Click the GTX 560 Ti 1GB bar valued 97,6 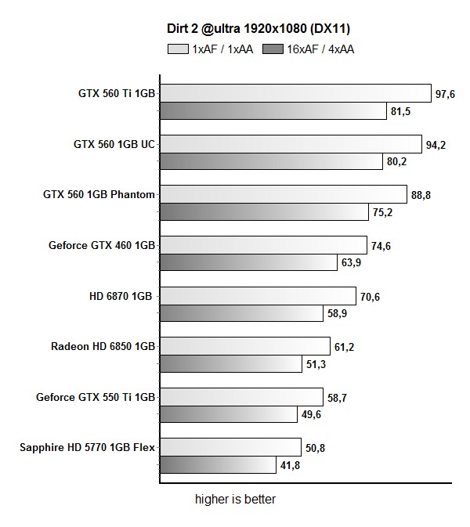pyautogui.click(x=295, y=93)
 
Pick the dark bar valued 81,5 pyautogui.click(x=273, y=110)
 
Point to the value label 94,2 pyautogui.click(x=436, y=144)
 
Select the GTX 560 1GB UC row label pyautogui.click(x=114, y=144)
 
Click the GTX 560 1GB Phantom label pyautogui.click(x=99, y=194)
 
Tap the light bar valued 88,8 pyautogui.click(x=284, y=194)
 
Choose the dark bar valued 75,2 pyautogui.click(x=264, y=211)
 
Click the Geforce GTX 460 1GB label pyautogui.click(x=102, y=245)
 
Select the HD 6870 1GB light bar pyautogui.click(x=258, y=296)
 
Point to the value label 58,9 pyautogui.click(x=335, y=313)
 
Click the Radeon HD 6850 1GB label pyautogui.click(x=103, y=346)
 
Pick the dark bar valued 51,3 pyautogui.click(x=231, y=364)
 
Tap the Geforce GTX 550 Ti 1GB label pyautogui.click(x=96, y=397)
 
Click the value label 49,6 pyautogui.click(x=311, y=414)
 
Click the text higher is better pyautogui.click(x=235, y=499)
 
